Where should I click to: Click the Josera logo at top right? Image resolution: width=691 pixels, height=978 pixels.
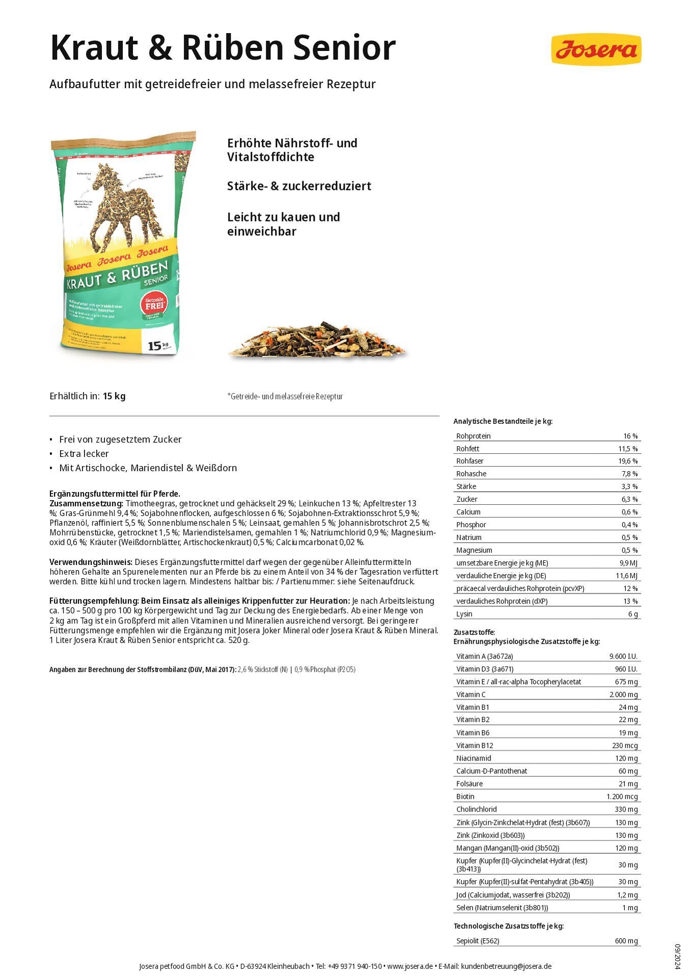(596, 49)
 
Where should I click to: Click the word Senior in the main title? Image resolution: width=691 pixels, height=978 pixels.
(345, 48)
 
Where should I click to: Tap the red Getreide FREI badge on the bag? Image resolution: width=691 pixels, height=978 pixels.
(154, 305)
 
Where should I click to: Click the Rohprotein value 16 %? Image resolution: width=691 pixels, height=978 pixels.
(630, 436)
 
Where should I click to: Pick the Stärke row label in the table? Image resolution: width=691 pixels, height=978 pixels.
(466, 486)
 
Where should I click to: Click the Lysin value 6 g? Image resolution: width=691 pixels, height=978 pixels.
(632, 614)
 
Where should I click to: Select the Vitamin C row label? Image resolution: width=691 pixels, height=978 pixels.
(471, 694)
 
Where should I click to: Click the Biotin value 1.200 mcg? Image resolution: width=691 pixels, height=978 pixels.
(622, 796)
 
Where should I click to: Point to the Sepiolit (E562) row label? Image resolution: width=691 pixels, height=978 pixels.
(478, 941)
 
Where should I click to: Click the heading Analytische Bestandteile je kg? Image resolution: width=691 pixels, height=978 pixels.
(503, 421)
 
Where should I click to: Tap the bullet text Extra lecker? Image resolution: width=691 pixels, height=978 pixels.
(84, 453)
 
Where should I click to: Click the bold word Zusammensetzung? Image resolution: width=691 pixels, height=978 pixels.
(86, 503)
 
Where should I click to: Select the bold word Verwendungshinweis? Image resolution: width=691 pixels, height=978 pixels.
(91, 562)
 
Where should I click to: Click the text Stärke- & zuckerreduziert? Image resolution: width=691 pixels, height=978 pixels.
(299, 186)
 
